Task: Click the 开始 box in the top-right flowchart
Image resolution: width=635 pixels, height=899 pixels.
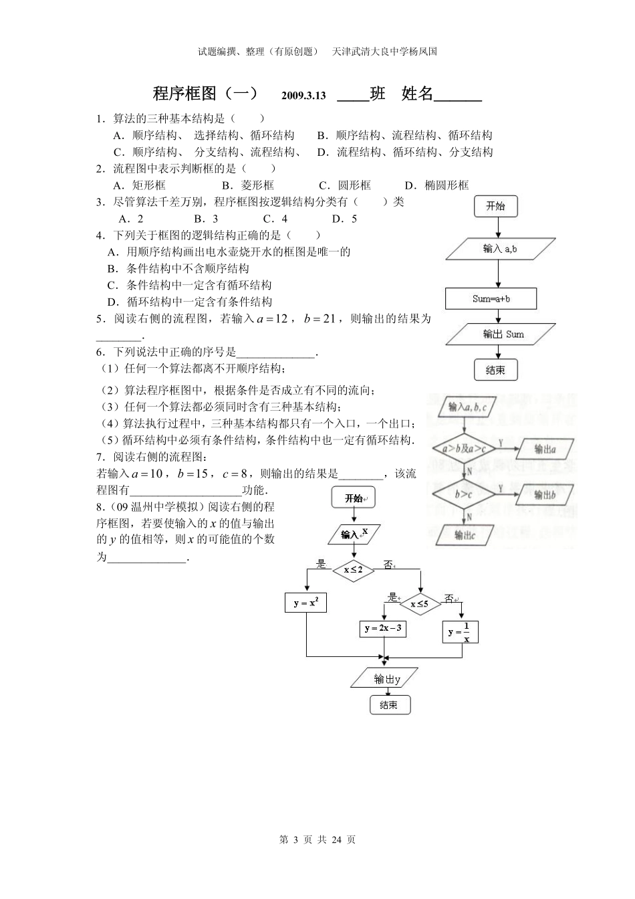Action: point(495,206)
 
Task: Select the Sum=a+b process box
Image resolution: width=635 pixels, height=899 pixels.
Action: point(491,299)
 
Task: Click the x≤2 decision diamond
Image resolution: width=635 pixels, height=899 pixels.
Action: point(354,570)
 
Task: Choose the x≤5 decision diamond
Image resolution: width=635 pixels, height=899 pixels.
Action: point(420,604)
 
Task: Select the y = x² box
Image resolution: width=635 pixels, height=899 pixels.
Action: point(305,603)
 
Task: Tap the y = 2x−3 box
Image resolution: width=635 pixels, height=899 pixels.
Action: point(383,629)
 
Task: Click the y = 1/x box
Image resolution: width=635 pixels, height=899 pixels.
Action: point(461,631)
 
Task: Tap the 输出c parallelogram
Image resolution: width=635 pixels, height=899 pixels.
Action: point(465,534)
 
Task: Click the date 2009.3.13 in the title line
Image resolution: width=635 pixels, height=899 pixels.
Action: point(303,96)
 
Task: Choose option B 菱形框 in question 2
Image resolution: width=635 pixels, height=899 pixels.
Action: point(248,185)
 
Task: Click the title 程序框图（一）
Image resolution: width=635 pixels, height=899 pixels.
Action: point(205,94)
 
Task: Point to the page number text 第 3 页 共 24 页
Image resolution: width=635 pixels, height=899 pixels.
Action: point(317,840)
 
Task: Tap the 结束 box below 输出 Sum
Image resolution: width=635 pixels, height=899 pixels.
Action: point(495,370)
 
